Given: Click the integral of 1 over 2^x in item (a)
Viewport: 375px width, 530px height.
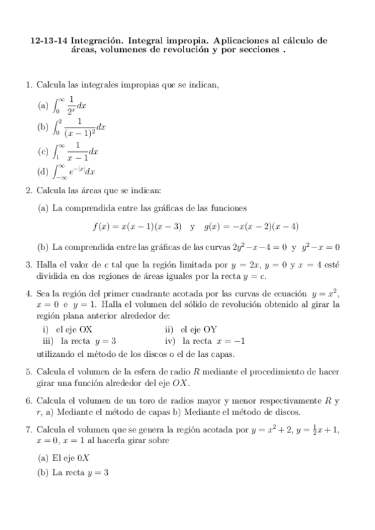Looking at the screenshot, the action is point(70,106).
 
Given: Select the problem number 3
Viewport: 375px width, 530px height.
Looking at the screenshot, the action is point(29,265).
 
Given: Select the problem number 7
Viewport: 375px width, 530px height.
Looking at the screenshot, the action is point(29,429).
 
